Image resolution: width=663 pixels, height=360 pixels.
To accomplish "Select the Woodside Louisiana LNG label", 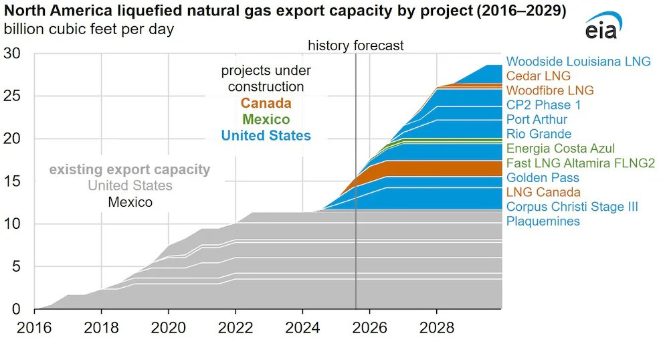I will click(578, 62).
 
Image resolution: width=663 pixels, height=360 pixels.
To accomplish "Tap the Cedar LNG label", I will click(539, 76).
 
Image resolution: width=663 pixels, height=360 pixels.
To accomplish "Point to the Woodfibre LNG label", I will click(550, 90).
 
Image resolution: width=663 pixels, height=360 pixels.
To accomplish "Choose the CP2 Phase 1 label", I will click(543, 105).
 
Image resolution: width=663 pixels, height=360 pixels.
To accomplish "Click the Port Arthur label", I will click(537, 120).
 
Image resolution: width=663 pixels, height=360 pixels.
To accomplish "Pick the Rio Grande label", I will click(539, 134).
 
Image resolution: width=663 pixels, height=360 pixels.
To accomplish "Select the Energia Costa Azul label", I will click(561, 149).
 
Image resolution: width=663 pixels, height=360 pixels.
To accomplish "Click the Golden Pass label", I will click(543, 178).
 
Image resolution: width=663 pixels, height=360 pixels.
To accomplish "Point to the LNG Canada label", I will click(543, 193).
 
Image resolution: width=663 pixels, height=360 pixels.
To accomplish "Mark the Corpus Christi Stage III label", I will click(572, 207).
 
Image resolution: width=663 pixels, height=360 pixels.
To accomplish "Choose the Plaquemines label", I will click(543, 221).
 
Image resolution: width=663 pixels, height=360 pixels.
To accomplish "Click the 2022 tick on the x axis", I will click(235, 329).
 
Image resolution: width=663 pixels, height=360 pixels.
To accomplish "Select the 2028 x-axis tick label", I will click(437, 329).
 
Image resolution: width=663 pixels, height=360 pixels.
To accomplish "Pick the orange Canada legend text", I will click(266, 104).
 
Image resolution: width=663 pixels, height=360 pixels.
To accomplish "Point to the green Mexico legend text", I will click(266, 120).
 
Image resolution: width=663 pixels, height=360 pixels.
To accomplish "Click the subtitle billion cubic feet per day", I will click(89, 29).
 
